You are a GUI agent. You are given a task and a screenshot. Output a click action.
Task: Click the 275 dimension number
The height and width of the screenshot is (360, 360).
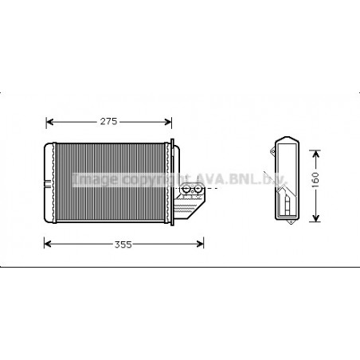pyautogui.click(x=108, y=122)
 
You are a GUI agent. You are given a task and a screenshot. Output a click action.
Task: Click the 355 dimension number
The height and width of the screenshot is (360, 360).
pyautogui.click(x=122, y=245)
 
